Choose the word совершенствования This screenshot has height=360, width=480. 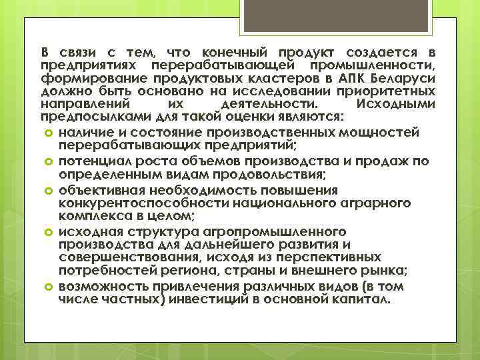pos(123,257)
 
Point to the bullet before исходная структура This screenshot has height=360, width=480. pos(47,232)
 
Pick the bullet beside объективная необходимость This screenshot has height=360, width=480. pos(47,190)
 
